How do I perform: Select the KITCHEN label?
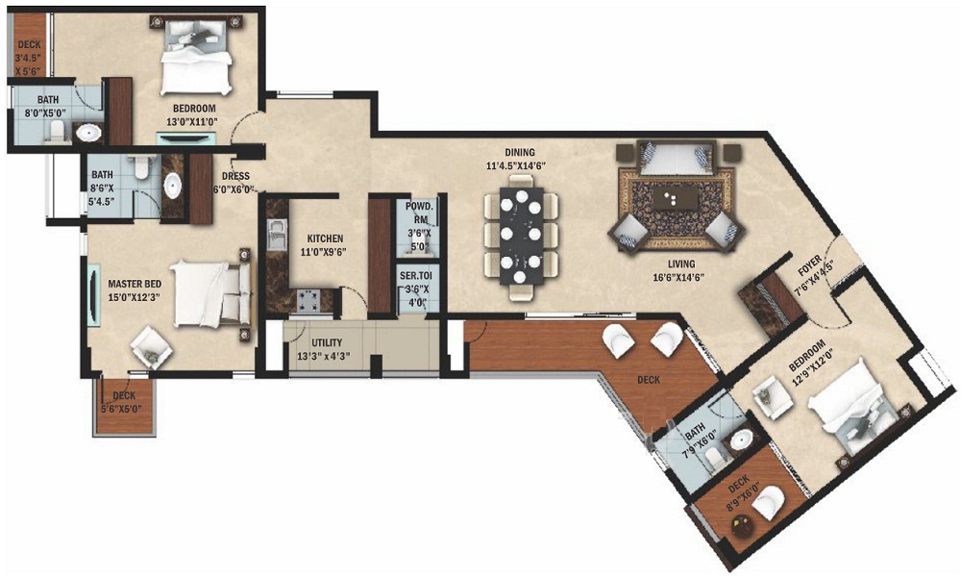click(325, 238)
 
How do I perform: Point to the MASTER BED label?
click(133, 283)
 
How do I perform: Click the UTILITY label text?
click(327, 342)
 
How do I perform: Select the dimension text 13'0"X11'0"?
click(194, 123)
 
